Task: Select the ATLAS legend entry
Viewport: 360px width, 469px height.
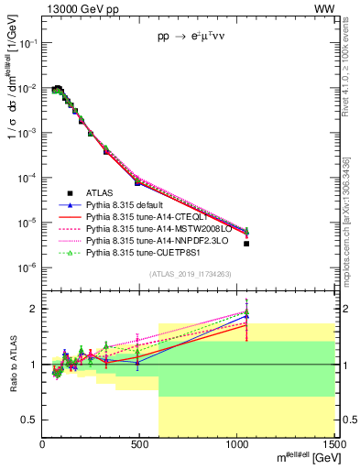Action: pos(101,191)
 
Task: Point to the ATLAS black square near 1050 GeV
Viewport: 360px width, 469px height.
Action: pos(246,244)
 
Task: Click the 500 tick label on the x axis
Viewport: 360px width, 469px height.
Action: pos(140,445)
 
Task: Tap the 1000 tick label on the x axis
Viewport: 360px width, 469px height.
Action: pos(236,445)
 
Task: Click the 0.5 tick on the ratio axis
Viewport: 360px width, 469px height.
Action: pos(30,420)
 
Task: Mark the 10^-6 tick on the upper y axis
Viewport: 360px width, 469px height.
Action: pos(27,267)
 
